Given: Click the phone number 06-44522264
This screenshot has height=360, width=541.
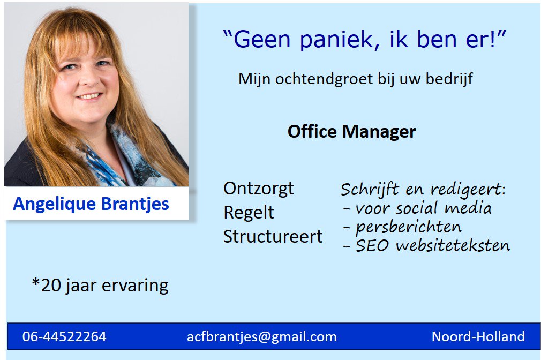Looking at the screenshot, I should coord(64,337).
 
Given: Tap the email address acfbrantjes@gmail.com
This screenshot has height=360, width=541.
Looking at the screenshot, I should coord(261,337).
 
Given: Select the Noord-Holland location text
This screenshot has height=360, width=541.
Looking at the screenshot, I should coord(478,337).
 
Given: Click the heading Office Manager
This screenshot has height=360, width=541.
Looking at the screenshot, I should coord(351,131).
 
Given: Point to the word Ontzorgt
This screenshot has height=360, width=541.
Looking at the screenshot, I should coord(258,189).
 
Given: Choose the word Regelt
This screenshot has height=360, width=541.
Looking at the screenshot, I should coord(249,213).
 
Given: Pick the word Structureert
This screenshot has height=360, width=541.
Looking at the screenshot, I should coord(273,236).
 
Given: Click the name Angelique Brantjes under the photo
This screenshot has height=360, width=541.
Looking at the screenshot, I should coord(91,204).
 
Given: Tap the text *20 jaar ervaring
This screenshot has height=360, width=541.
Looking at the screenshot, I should coord(100,285).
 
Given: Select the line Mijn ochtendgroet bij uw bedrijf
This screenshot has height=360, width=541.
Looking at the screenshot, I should coord(355,79).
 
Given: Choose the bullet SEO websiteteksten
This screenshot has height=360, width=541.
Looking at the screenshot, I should coord(426,246).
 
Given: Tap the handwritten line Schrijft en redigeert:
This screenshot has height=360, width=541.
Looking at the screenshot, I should coord(423,189).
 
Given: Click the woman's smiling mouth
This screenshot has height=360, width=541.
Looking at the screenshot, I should coord(89,96).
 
